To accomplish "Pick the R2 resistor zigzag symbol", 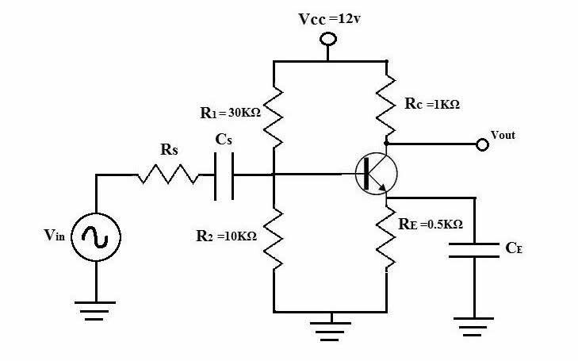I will point(274,236).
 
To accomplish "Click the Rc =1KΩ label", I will point(432,105).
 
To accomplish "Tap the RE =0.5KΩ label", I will point(431,225).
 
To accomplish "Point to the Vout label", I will point(503,135).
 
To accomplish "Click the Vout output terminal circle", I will point(482,144).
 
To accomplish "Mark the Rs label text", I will point(168,148).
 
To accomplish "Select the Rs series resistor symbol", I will point(168,175).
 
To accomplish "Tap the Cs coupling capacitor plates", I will point(224,175).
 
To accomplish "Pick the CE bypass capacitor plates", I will point(474,251).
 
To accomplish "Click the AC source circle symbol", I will point(97,236).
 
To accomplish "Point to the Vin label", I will point(56,236).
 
